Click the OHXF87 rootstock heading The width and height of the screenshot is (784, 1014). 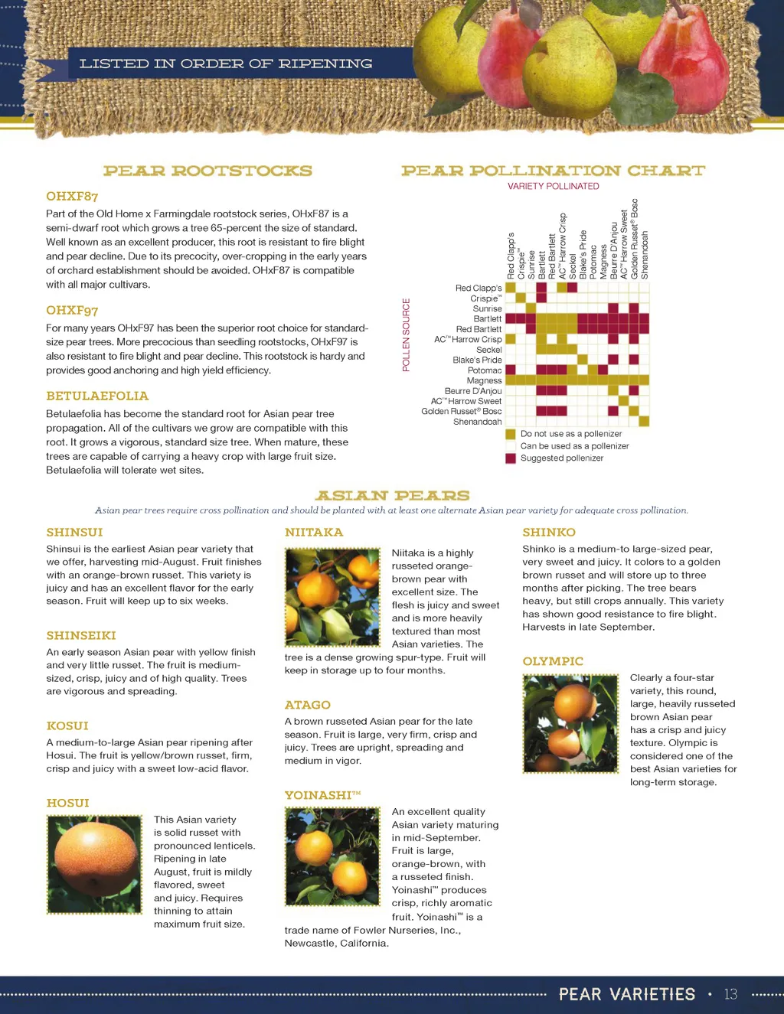tap(72, 197)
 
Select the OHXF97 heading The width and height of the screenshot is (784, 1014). tap(72, 310)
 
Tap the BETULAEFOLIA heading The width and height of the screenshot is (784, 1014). tap(97, 396)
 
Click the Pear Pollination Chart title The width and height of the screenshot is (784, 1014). tap(553, 171)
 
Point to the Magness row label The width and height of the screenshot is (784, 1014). tap(484, 380)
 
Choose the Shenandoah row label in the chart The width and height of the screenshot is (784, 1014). tap(477, 422)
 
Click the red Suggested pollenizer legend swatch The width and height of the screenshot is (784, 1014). tap(511, 458)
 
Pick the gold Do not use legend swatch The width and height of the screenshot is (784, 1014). tap(511, 434)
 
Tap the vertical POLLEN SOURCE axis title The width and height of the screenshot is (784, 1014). tap(407, 335)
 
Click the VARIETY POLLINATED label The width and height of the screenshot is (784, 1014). tap(553, 186)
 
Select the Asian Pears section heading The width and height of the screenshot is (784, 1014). tap(392, 496)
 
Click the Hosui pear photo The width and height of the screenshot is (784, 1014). tap(95, 864)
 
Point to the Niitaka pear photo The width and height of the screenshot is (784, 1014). tap(332, 597)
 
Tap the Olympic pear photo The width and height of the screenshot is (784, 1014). tap(570, 723)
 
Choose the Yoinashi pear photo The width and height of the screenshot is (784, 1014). tap(332, 856)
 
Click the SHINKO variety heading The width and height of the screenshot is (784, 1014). tap(549, 532)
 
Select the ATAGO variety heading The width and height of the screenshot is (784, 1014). tap(308, 705)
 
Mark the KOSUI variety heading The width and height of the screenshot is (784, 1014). tap(67, 725)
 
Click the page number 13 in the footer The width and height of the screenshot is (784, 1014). tap(730, 994)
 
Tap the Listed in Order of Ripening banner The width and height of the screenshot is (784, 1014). tap(226, 64)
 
